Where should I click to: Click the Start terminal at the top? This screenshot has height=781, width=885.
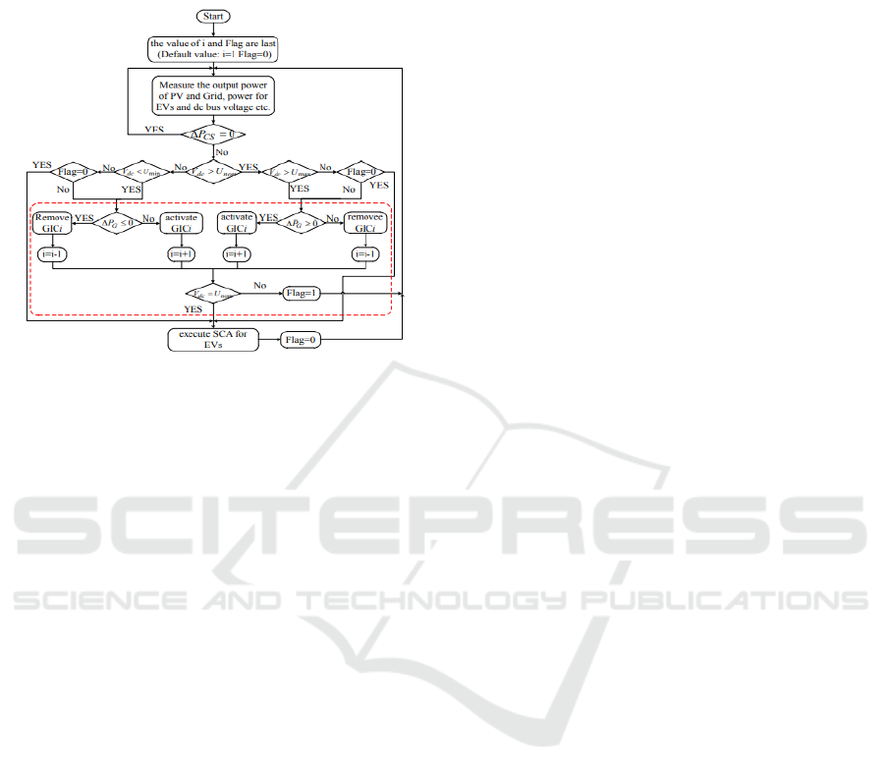point(212,17)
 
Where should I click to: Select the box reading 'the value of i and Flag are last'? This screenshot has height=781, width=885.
point(212,49)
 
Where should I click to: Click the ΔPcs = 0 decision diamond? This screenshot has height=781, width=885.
point(212,135)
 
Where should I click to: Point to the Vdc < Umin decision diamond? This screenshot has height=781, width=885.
point(138,171)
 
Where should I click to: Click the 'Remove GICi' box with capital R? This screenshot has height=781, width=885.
point(49,222)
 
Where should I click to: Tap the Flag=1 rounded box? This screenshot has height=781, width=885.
point(304,293)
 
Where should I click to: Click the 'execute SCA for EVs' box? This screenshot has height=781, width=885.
point(211,340)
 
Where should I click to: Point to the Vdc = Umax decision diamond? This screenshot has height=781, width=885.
point(212,293)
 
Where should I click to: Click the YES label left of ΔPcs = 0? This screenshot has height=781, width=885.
point(155,128)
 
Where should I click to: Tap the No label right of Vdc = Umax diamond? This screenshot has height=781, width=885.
point(259,285)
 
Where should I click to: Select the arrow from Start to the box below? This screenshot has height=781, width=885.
point(212,30)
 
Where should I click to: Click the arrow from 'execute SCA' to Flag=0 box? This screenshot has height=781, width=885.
point(268,340)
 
